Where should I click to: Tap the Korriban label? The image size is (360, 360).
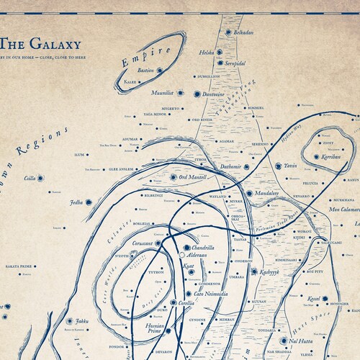click(x=331, y=156)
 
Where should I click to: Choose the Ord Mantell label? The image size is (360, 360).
click(x=194, y=177)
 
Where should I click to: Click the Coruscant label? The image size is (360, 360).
click(x=145, y=245)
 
